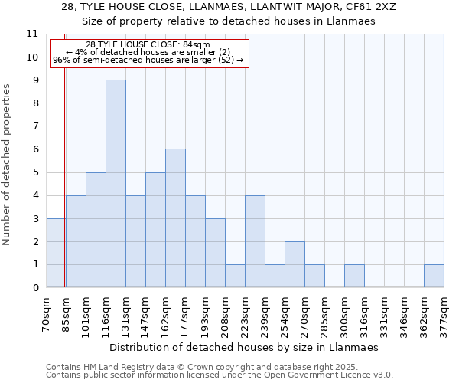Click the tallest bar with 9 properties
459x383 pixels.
[116, 184]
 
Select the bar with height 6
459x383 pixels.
[175, 218]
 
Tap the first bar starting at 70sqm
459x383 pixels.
[56, 253]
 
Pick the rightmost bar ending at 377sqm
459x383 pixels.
[434, 276]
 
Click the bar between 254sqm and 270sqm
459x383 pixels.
[295, 264]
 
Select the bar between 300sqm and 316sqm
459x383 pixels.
[354, 276]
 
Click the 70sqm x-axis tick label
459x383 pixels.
[47, 313]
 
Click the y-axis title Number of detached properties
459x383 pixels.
[8, 165]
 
